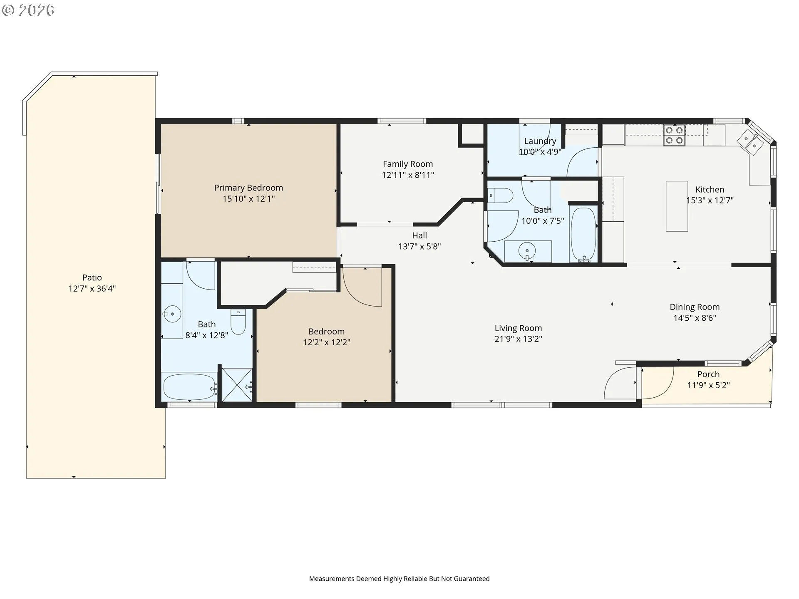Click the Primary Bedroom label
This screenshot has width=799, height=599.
pyautogui.click(x=248, y=188)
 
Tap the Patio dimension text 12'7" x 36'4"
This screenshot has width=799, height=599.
pyautogui.click(x=92, y=289)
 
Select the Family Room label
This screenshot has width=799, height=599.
pyautogui.click(x=408, y=164)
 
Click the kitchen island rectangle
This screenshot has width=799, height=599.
pyautogui.click(x=677, y=206)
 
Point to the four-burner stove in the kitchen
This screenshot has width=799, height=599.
pyautogui.click(x=674, y=135)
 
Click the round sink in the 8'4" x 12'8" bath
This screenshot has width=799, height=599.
pyautogui.click(x=172, y=314)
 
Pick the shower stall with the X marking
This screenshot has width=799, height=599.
pyautogui.click(x=237, y=385)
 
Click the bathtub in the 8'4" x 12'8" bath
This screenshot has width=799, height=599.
pyautogui.click(x=190, y=387)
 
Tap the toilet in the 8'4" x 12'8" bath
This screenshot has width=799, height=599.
pyautogui.click(x=238, y=322)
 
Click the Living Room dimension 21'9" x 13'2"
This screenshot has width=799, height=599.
pyautogui.click(x=518, y=339)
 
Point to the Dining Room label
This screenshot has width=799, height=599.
pyautogui.click(x=695, y=307)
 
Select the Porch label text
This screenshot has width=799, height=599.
pyautogui.click(x=708, y=374)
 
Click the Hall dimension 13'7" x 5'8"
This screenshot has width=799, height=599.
pyautogui.click(x=419, y=247)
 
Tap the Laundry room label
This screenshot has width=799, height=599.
pyautogui.click(x=540, y=141)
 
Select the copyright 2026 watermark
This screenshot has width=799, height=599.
pyautogui.click(x=28, y=10)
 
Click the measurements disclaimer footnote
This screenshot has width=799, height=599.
pyautogui.click(x=399, y=579)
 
